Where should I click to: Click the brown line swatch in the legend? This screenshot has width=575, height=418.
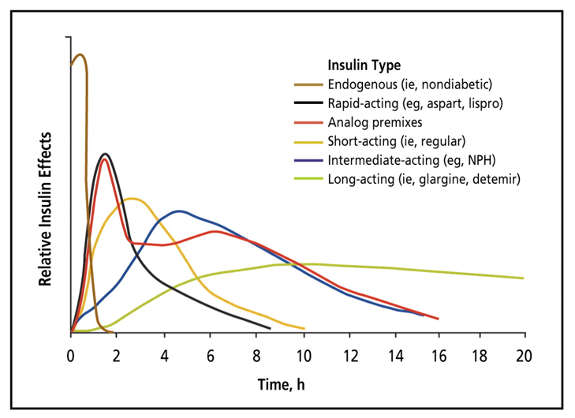point(308,84)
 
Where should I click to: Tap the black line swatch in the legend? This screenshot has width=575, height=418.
point(308,103)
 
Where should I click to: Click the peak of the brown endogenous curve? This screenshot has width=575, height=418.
point(80,54)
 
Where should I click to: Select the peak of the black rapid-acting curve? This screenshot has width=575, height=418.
point(104,154)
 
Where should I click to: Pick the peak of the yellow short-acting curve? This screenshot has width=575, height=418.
point(132,198)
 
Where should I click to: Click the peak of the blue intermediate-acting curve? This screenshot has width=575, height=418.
point(180,211)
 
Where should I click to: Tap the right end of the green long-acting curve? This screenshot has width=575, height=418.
point(523,278)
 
